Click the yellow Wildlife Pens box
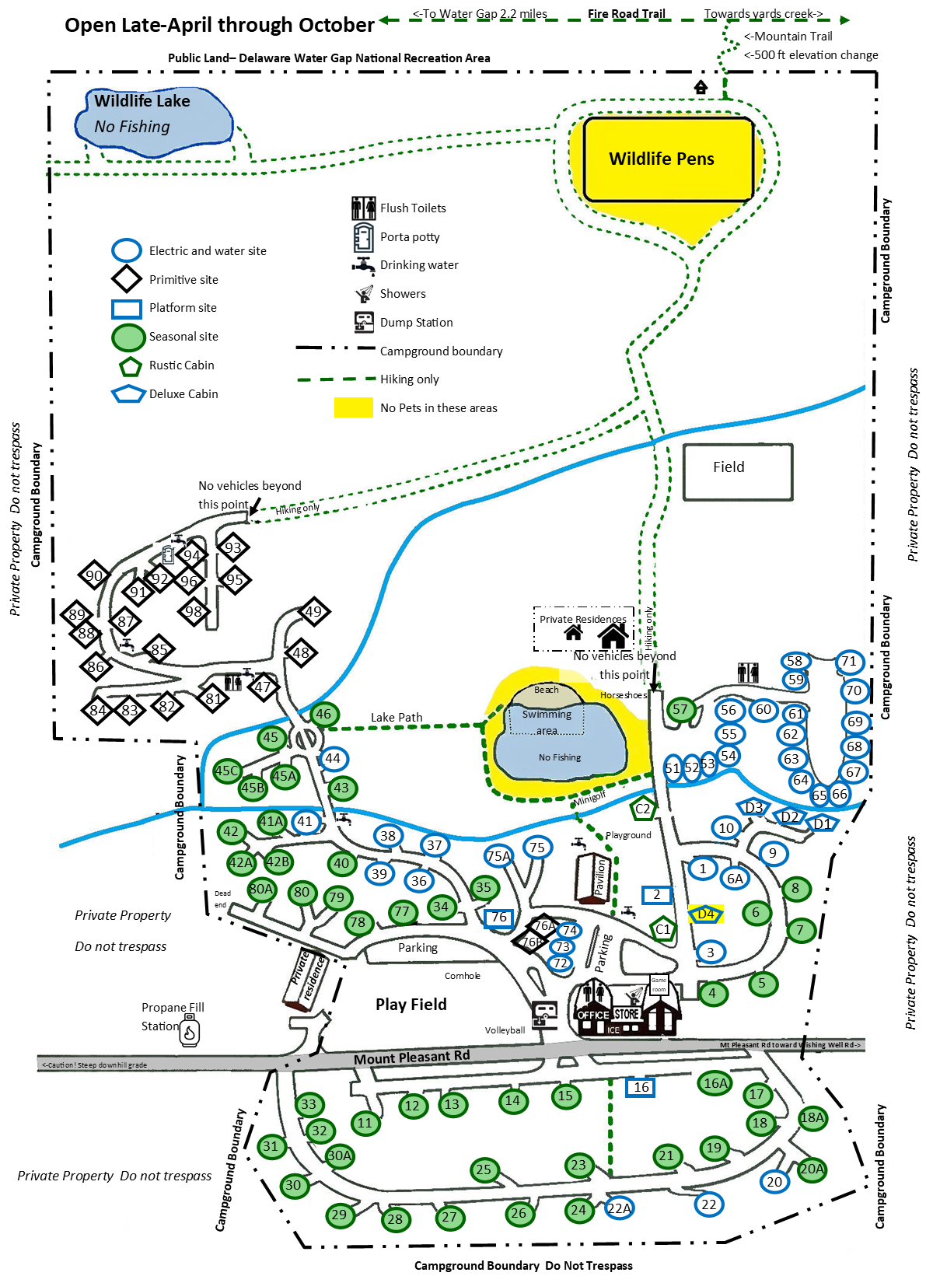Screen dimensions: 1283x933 pyautogui.click(x=669, y=159)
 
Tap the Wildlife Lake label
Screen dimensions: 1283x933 pyautogui.click(x=142, y=101)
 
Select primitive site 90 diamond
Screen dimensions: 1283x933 pyautogui.click(x=94, y=575)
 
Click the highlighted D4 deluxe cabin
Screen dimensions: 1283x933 pyautogui.click(x=706, y=914)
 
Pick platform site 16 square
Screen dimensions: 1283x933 pyautogui.click(x=641, y=1087)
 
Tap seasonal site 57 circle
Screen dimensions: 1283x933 pyautogui.click(x=680, y=709)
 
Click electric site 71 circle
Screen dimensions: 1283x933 pyautogui.click(x=849, y=662)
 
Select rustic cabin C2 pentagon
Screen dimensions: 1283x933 pyautogui.click(x=643, y=809)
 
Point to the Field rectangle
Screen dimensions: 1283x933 pyautogui.click(x=738, y=471)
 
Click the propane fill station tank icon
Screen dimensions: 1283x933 pyautogui.click(x=190, y=1033)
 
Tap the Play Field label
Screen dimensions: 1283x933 pyautogui.click(x=411, y=1005)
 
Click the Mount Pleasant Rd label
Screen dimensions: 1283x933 pyautogui.click(x=411, y=1058)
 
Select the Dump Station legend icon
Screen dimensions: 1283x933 pyautogui.click(x=364, y=322)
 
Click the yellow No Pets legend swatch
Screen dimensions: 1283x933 pyautogui.click(x=353, y=407)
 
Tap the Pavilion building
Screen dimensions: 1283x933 pyautogui.click(x=592, y=879)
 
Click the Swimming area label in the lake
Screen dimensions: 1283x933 pyautogui.click(x=547, y=722)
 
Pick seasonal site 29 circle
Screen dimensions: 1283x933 pyautogui.click(x=339, y=1215)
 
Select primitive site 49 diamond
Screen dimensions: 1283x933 pyautogui.click(x=313, y=611)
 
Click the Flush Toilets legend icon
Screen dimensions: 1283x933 pyautogui.click(x=363, y=208)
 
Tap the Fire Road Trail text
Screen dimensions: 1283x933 pyautogui.click(x=626, y=14)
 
